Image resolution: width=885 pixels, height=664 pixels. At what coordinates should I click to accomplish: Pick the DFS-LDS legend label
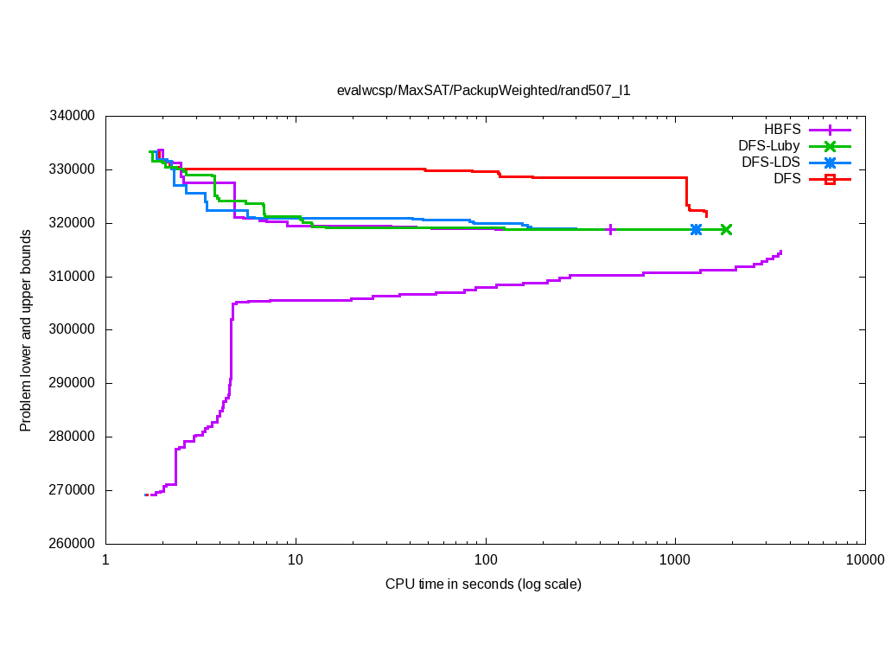pyautogui.click(x=770, y=163)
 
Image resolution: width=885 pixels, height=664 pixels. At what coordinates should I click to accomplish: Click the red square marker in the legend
pyautogui.click(x=830, y=179)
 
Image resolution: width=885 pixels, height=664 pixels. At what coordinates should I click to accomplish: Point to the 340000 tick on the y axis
pyautogui.click(x=73, y=116)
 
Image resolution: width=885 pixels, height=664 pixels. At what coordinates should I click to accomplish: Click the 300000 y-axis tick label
pyautogui.click(x=73, y=329)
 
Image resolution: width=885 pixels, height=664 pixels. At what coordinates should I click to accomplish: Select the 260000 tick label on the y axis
pyautogui.click(x=73, y=544)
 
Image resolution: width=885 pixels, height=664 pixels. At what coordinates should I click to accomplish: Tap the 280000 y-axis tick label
pyautogui.click(x=73, y=437)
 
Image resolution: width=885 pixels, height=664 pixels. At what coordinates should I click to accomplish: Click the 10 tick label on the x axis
pyautogui.click(x=296, y=560)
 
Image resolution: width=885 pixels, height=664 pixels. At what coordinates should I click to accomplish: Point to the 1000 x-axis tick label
pyautogui.click(x=674, y=560)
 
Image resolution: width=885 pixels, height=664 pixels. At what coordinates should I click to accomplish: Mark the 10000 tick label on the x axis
pyautogui.click(x=863, y=560)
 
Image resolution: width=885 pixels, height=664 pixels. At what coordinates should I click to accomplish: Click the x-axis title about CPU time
pyautogui.click(x=483, y=584)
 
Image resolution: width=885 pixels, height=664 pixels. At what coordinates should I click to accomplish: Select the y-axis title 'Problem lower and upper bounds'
pyautogui.click(x=26, y=331)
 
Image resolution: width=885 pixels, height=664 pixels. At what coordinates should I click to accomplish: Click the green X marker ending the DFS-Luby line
pyautogui.click(x=726, y=229)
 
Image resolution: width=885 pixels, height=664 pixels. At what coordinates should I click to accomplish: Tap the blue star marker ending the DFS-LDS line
pyautogui.click(x=696, y=229)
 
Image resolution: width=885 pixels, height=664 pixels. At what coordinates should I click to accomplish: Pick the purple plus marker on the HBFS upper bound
pyautogui.click(x=611, y=229)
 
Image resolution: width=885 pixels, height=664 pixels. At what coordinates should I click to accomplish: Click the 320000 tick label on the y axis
pyautogui.click(x=73, y=223)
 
